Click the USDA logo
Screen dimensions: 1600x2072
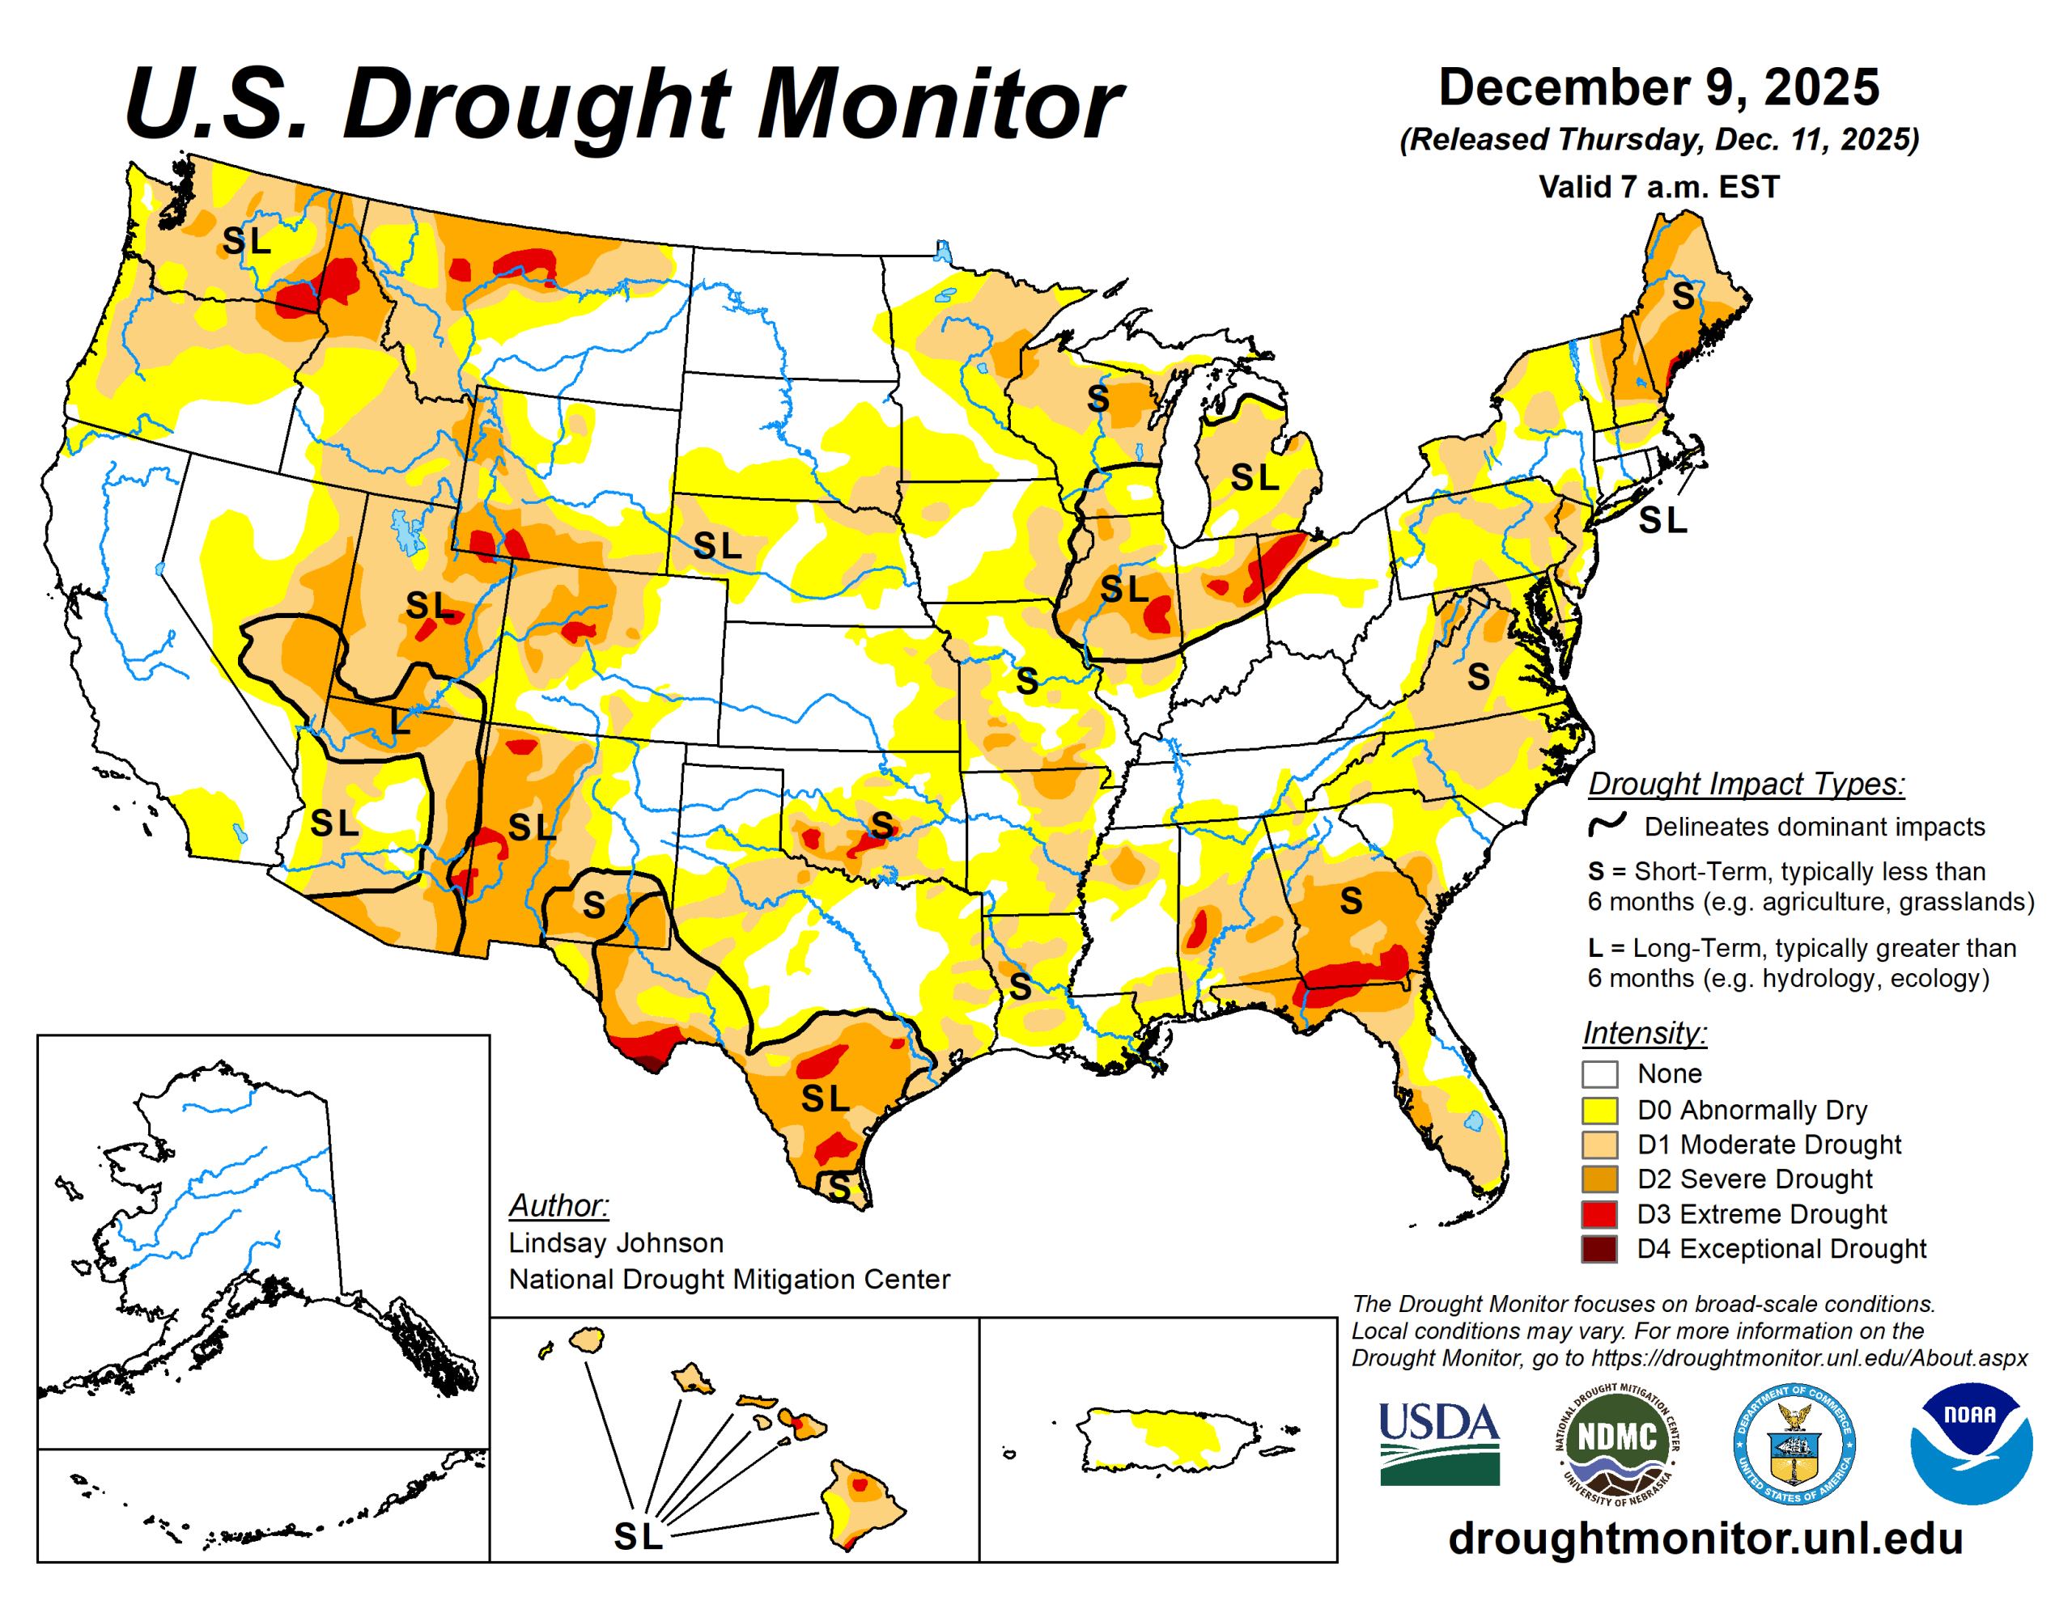1439,1442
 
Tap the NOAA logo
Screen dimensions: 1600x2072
1971,1442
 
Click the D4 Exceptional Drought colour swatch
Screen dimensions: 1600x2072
1599,1248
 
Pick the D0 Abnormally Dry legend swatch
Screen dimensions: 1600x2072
1599,1110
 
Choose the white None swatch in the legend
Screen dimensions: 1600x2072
1599,1074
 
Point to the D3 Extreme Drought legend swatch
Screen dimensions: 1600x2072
1599,1214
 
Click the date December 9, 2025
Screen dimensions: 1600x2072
1658,87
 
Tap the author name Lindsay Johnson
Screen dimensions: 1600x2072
616,1242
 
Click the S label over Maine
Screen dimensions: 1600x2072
1682,297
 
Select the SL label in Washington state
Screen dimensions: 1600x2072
246,241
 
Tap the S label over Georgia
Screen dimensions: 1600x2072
1350,901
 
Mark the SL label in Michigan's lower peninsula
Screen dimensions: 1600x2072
1255,478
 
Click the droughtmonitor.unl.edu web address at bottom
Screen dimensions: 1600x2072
1705,1539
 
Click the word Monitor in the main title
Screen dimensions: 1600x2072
939,104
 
